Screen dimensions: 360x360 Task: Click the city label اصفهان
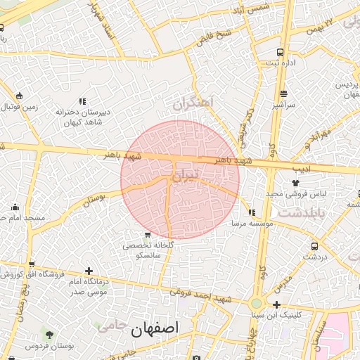point(155,328)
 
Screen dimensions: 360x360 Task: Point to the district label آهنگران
point(192,104)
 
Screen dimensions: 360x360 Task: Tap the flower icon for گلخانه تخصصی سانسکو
point(147,235)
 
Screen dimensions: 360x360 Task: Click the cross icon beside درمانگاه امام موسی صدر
point(88,271)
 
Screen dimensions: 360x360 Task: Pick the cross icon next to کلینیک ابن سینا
point(277,304)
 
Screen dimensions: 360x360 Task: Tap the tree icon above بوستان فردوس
point(49,333)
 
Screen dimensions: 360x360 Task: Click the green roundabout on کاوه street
point(257,304)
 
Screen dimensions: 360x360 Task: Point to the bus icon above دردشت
point(314,246)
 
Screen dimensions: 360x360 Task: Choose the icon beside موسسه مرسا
point(251,212)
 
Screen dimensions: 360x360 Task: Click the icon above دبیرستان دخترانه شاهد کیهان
point(82,101)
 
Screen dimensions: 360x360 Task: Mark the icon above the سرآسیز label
point(283,94)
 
